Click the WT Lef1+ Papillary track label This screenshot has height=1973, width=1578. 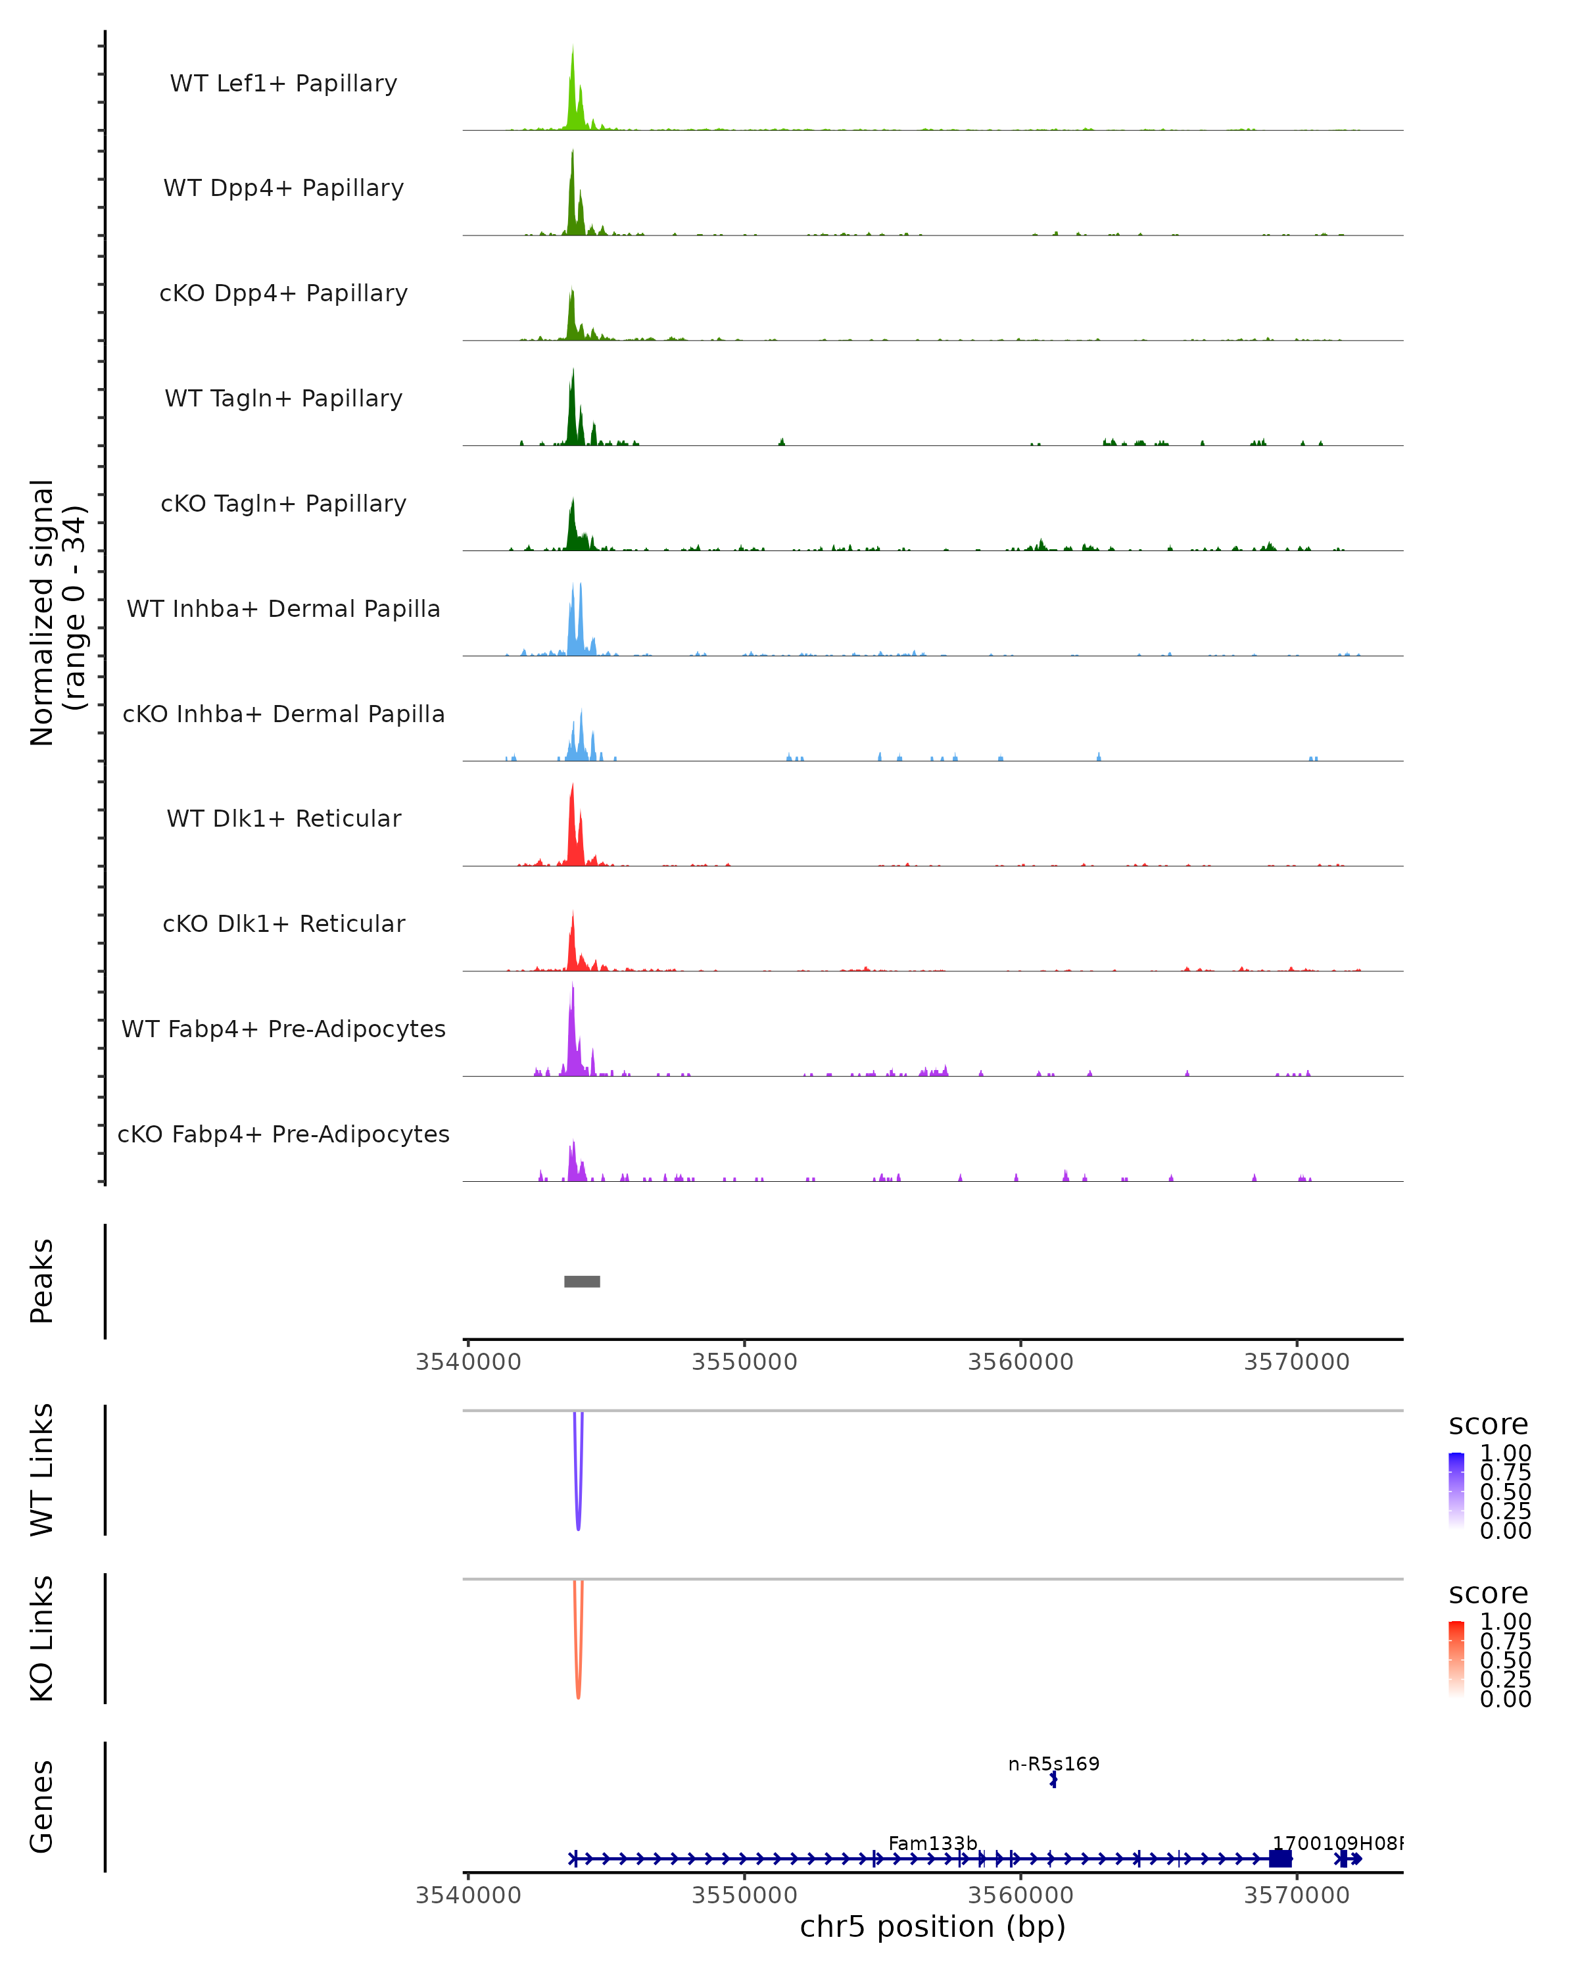coord(283,84)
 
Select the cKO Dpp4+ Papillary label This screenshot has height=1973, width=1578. coord(283,294)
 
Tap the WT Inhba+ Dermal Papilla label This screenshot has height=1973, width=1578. coord(283,610)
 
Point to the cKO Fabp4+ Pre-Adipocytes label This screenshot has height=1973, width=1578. coord(283,1134)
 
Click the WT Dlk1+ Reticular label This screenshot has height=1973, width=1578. coord(283,819)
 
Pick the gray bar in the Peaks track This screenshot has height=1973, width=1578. coord(582,1281)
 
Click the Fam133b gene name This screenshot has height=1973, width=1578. coord(932,1843)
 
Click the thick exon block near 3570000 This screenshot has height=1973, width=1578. coord(1279,1859)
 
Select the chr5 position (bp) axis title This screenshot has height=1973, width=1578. coord(932,1927)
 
